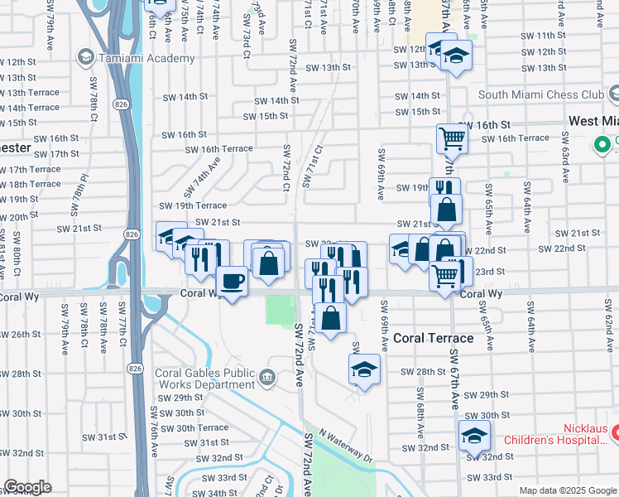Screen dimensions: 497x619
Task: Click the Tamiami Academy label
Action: tap(146, 57)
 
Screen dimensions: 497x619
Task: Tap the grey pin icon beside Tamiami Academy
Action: tap(84, 57)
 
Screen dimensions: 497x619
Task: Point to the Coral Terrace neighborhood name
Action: tap(433, 338)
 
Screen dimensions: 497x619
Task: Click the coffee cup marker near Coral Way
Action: tap(233, 281)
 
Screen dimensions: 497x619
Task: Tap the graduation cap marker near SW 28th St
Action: tap(364, 370)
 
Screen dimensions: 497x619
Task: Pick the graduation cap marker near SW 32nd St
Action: tap(474, 435)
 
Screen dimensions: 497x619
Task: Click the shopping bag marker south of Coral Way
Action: tap(330, 318)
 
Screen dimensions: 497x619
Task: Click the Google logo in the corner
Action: tap(27, 487)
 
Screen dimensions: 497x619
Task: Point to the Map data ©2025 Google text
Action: tap(567, 490)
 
